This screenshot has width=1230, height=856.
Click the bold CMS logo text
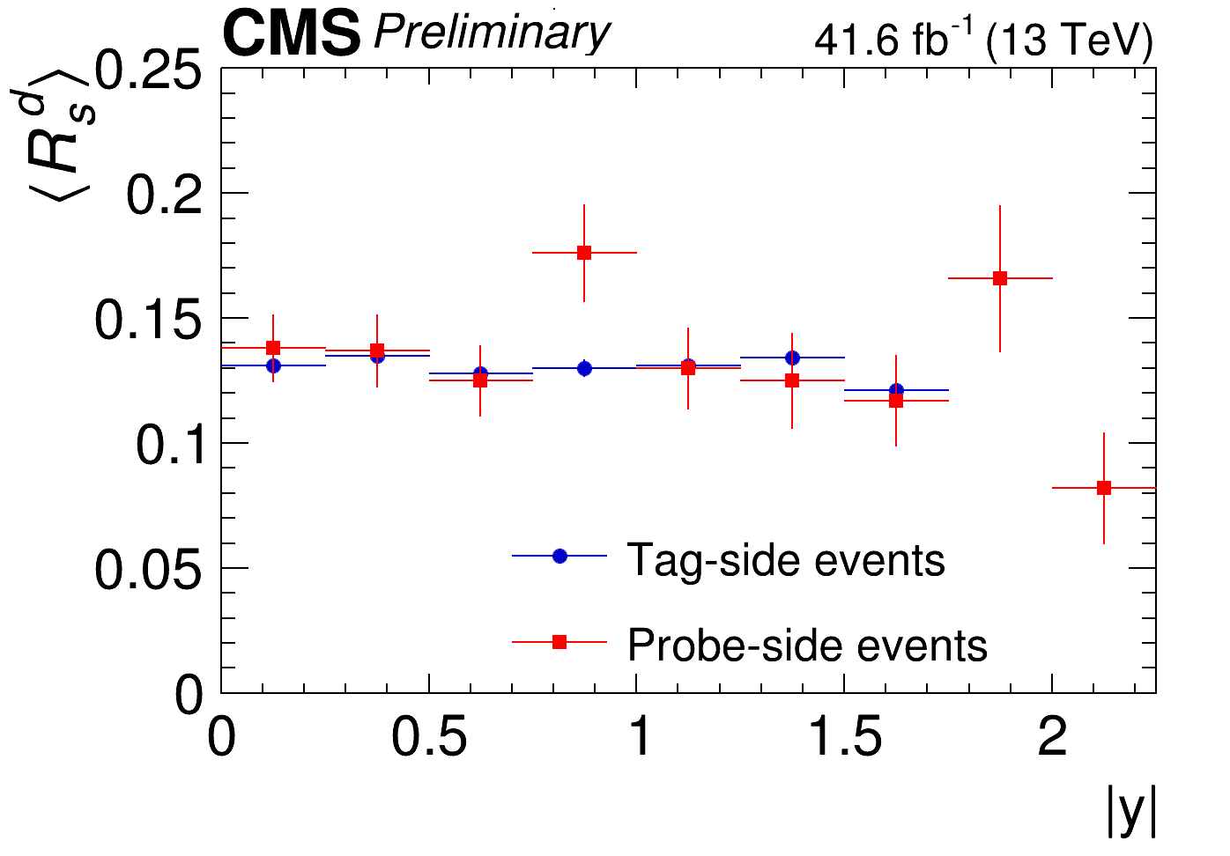click(x=292, y=35)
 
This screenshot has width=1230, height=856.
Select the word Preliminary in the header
click(x=491, y=33)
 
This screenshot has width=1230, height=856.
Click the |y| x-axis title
click(x=1130, y=811)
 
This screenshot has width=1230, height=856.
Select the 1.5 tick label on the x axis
click(x=844, y=736)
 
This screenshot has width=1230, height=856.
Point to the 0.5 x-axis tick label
click(x=428, y=736)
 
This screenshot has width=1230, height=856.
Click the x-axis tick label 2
click(x=1052, y=736)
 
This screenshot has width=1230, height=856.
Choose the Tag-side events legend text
click(x=785, y=559)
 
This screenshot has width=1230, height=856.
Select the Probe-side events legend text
click(x=807, y=645)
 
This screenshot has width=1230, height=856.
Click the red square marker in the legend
click(x=559, y=642)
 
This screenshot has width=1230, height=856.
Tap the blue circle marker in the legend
click(x=559, y=556)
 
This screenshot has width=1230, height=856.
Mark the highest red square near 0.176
click(x=584, y=253)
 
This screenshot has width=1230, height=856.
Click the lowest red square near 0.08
click(x=1104, y=488)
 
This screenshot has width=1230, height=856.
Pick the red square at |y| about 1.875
click(x=1000, y=278)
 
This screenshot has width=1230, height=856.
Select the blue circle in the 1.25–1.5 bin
click(x=792, y=358)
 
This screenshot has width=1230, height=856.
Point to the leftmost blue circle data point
click(x=273, y=365)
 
